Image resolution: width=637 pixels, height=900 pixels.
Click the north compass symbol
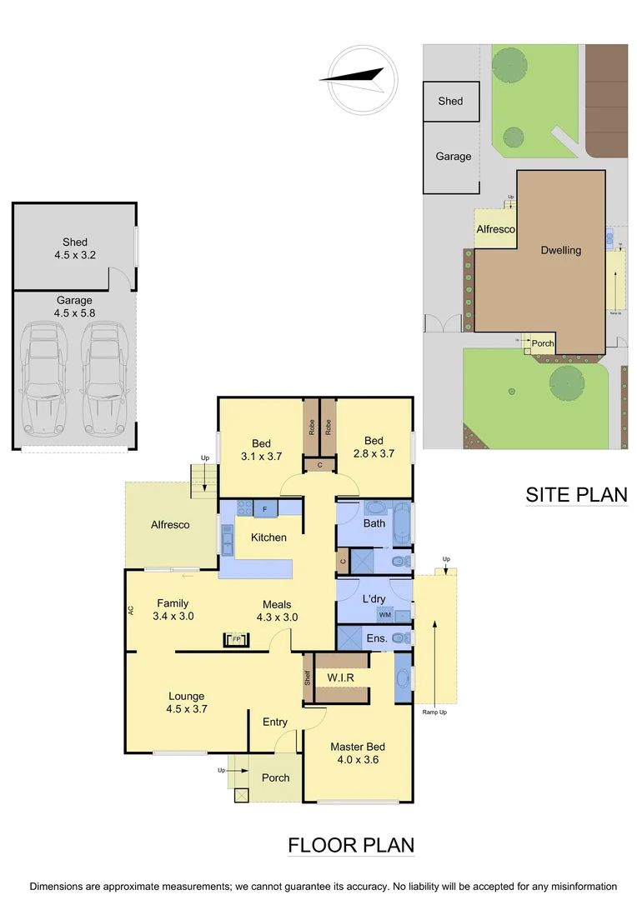356,80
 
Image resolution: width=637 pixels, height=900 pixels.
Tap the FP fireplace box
236,640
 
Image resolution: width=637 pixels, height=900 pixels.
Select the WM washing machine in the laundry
384,615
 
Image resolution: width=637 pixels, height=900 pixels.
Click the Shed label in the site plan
450,101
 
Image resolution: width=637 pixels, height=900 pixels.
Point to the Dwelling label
560,250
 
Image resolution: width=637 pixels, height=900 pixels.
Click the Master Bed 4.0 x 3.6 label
358,753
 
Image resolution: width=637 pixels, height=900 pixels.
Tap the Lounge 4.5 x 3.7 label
187,702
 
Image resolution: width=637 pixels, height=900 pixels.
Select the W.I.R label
341,677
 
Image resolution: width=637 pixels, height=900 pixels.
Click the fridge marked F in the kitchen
265,508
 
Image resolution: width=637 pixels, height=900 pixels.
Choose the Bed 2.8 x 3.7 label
374,447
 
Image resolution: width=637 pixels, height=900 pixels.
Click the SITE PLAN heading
576,494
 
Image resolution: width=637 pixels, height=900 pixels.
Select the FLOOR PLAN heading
351,845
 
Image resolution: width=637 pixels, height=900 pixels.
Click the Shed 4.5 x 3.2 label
74,249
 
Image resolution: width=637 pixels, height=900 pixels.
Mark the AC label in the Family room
131,610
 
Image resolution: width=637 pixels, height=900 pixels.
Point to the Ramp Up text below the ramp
434,712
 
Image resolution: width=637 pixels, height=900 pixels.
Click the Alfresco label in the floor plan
170,525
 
